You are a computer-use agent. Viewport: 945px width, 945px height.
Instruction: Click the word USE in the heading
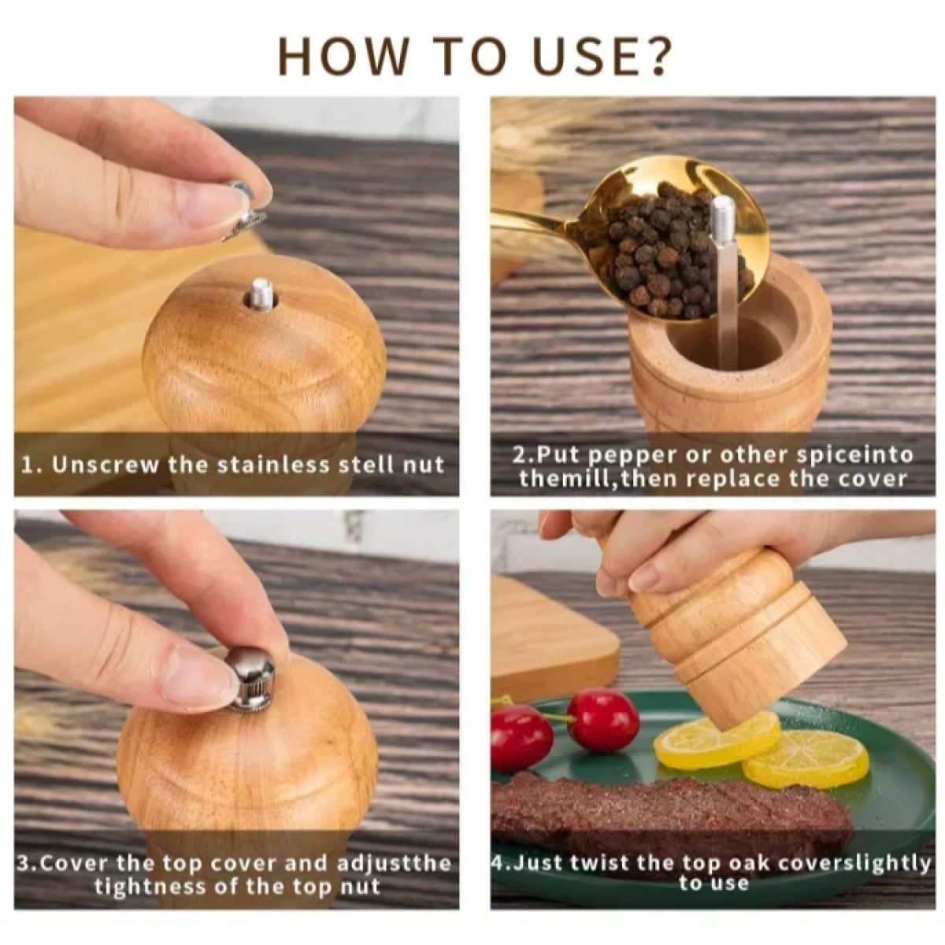(560, 57)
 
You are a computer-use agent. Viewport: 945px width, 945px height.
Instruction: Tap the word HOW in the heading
(343, 57)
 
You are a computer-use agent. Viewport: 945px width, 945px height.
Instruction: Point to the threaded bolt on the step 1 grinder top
(259, 295)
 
